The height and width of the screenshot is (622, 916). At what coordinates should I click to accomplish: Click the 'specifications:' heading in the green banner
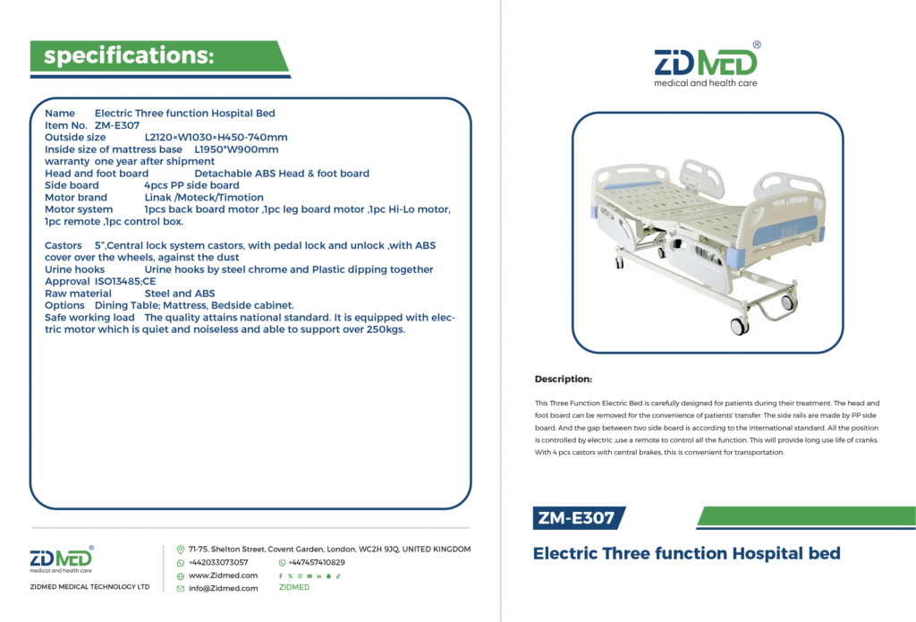pos(129,55)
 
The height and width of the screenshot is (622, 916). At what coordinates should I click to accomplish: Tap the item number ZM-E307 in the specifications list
pos(117,125)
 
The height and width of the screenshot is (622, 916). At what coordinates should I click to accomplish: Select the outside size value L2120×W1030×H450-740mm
pos(216,138)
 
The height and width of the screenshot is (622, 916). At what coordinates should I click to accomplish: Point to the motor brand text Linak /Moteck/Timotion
pos(204,198)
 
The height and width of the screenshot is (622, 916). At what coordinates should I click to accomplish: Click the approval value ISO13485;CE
pos(125,281)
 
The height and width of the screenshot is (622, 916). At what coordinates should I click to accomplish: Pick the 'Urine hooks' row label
pos(75,269)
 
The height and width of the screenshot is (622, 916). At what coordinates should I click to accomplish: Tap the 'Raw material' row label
pos(79,294)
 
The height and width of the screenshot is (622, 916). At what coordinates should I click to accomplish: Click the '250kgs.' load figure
pos(386,329)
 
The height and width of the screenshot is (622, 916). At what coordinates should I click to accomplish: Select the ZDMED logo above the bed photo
pos(706,64)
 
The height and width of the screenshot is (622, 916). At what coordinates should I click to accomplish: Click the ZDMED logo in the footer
pos(62,559)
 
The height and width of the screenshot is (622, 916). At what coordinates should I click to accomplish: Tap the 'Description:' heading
pos(564,379)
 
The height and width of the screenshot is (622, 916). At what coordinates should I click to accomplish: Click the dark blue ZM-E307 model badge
pos(579,518)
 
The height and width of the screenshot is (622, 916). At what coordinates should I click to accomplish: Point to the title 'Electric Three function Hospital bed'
pos(686,553)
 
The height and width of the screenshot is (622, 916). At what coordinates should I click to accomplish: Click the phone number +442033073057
pos(218,562)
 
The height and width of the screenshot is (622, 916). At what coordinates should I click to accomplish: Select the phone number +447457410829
pos(317,562)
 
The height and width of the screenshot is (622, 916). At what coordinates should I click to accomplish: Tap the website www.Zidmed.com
pos(223,575)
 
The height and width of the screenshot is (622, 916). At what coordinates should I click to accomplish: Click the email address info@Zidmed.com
pos(223,588)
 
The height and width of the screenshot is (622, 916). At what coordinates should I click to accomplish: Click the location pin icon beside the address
pos(181,550)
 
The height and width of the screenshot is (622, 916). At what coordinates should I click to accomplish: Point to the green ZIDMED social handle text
pos(294,587)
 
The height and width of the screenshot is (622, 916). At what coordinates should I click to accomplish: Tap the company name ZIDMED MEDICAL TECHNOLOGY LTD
pos(90,586)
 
